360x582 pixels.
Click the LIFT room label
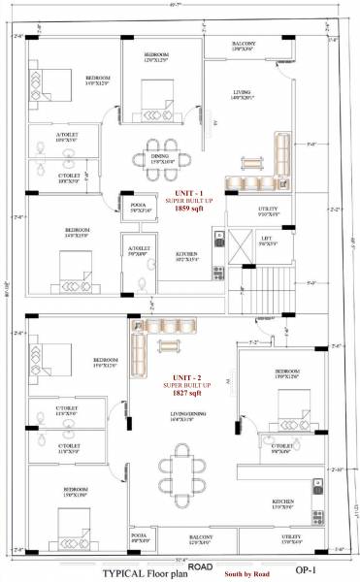point(266,238)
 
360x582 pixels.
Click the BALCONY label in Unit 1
point(244,45)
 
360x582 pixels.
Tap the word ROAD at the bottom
point(200,566)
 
